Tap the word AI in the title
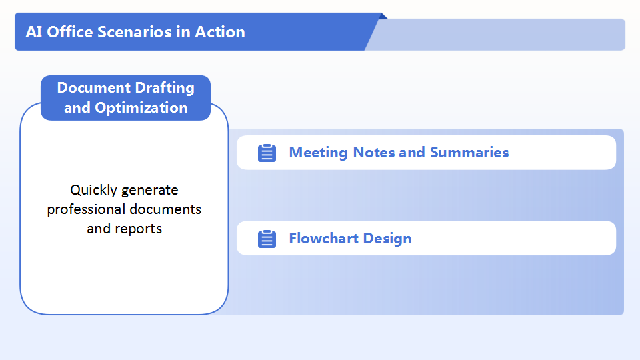(34, 32)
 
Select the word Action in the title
(220, 32)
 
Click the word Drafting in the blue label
(165, 88)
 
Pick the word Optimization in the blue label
(141, 108)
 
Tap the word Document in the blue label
(94, 88)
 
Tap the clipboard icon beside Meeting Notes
(267, 153)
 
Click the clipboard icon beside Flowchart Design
(267, 239)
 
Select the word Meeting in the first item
(319, 153)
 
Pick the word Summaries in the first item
(469, 152)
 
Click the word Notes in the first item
(373, 152)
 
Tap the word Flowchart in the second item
(324, 239)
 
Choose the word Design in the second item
(387, 239)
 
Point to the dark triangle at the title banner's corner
(383, 16)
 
